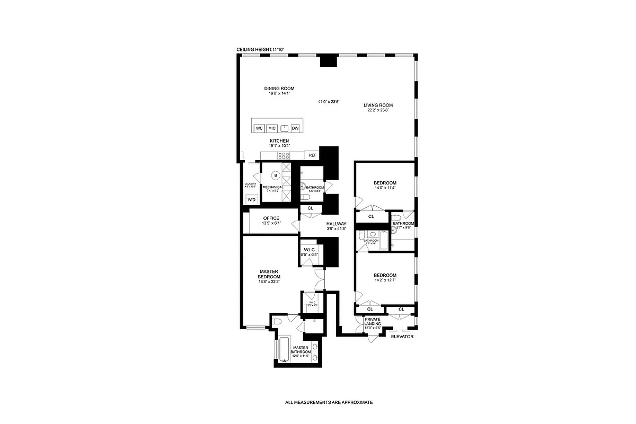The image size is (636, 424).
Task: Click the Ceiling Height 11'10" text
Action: (261, 49)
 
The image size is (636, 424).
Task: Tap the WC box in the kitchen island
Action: (259, 128)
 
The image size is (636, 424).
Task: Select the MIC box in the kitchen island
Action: (272, 128)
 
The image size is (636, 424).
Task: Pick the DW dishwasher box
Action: (295, 128)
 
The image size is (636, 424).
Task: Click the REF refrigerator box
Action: (313, 155)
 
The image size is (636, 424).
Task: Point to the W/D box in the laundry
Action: (252, 200)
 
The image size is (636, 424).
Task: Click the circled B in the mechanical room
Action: (276, 175)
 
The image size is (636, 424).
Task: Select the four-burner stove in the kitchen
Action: (284, 156)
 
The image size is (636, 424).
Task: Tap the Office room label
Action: (271, 218)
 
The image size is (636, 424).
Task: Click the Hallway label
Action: (336, 224)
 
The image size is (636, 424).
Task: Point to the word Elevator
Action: (402, 337)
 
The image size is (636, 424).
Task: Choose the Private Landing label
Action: (373, 321)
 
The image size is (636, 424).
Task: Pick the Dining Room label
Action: (279, 89)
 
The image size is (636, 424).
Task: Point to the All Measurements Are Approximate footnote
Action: (329, 402)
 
